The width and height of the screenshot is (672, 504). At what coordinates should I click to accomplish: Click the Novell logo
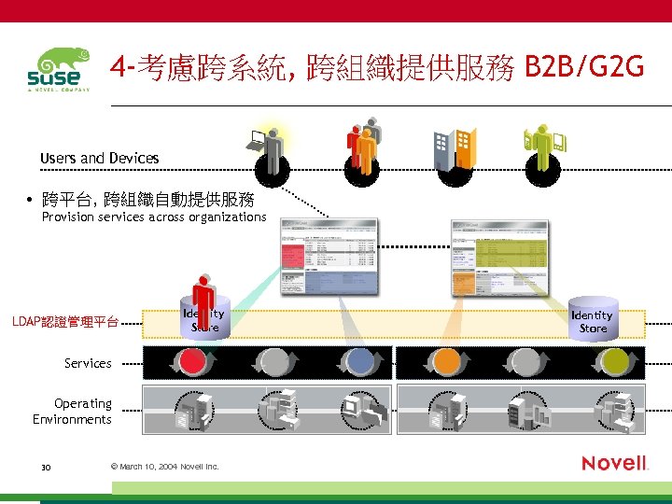coord(614,463)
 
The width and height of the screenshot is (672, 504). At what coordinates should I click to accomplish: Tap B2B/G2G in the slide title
coord(584,67)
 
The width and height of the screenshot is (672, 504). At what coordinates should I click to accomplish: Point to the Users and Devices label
coord(100,159)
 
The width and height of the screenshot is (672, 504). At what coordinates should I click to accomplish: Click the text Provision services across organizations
coord(154,217)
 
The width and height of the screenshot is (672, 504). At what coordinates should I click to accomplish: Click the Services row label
coord(88,363)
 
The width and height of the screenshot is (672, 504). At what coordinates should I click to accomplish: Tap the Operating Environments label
coord(73,412)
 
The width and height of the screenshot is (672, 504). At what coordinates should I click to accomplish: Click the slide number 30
coord(46,466)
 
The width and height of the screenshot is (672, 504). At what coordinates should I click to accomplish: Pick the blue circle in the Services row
coord(359,361)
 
